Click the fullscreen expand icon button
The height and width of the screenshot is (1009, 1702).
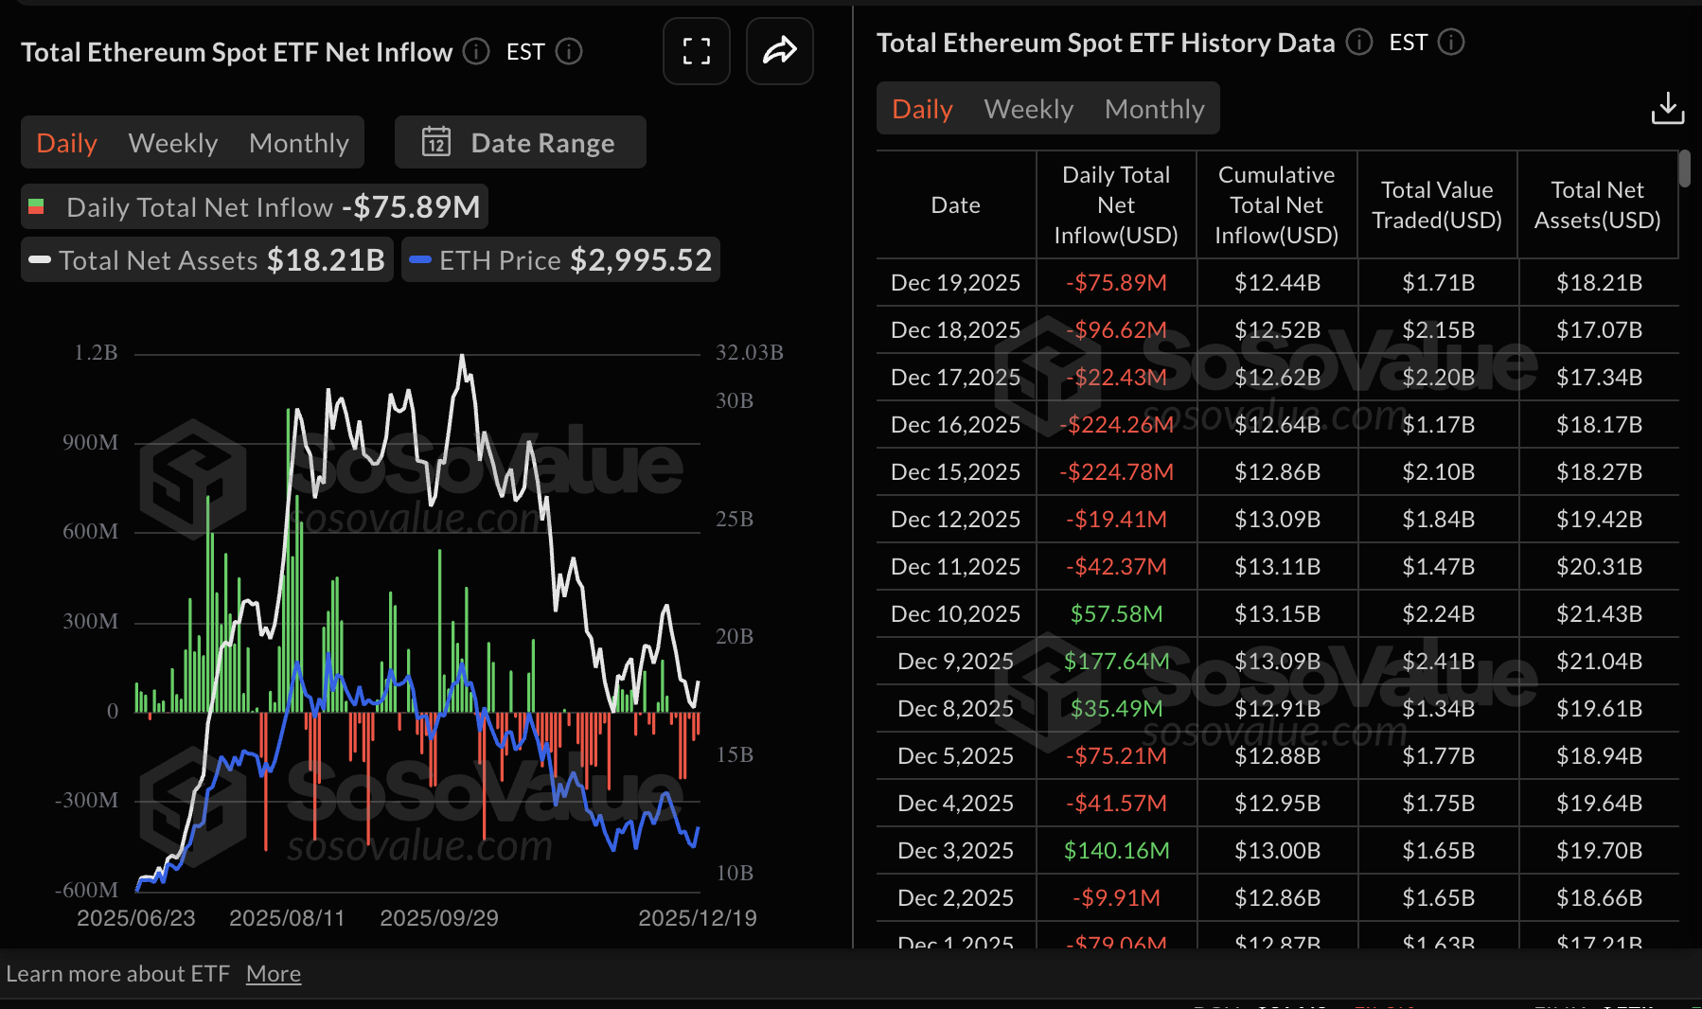point(697,51)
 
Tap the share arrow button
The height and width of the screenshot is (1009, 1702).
point(780,51)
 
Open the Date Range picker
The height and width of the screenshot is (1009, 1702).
point(520,143)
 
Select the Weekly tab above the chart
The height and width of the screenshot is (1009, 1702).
point(173,143)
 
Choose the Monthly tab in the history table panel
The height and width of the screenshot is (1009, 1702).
point(1154,109)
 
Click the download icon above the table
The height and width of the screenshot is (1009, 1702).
point(1667,109)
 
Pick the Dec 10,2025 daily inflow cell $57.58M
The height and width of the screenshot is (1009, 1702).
point(1116,614)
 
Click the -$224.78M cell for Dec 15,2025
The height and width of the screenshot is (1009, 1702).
point(1116,472)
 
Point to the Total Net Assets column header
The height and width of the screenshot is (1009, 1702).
point(1597,205)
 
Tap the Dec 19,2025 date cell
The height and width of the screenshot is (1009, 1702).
point(955,283)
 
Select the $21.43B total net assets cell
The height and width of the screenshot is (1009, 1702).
point(1599,614)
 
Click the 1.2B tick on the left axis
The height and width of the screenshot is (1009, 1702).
point(96,353)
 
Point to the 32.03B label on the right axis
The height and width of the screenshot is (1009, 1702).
point(749,353)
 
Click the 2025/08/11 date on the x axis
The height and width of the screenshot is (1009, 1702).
point(287,918)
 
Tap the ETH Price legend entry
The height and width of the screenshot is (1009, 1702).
point(560,260)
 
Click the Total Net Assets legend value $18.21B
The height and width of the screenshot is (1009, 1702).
point(326,260)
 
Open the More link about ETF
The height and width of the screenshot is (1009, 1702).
point(274,974)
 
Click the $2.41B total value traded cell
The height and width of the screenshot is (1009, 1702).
point(1438,662)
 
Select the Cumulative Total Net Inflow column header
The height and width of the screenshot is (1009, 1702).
point(1276,205)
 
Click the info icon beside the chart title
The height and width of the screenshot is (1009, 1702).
point(476,52)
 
